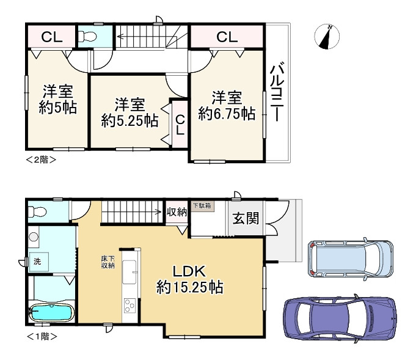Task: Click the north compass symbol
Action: (x=328, y=36)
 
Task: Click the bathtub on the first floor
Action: (x=52, y=314)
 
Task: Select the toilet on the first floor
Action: (x=37, y=212)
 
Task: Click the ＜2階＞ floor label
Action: (x=41, y=160)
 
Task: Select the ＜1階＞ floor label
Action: (x=41, y=336)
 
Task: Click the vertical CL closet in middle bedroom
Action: (x=180, y=123)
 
